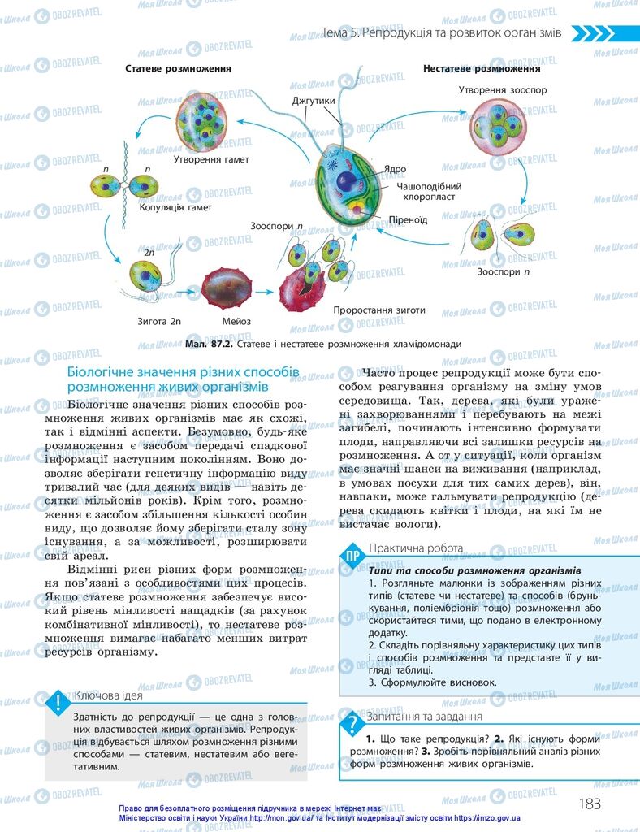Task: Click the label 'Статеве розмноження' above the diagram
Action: (x=178, y=69)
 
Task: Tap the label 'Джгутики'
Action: (x=313, y=102)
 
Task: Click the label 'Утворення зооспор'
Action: (x=503, y=89)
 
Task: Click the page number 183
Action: (x=589, y=804)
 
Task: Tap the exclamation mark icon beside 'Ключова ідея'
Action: (x=57, y=702)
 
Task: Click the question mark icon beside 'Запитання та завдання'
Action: (x=352, y=721)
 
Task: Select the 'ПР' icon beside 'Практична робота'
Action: (x=352, y=557)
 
